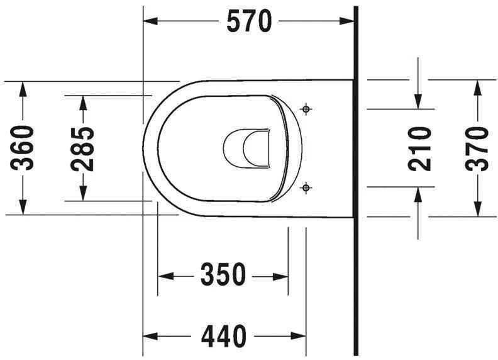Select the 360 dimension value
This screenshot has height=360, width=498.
point(24,149)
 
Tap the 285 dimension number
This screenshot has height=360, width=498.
point(82,149)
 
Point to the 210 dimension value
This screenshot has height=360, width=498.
point(419,149)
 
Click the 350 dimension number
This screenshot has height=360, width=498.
point(223,275)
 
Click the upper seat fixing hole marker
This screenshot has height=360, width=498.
point(306,110)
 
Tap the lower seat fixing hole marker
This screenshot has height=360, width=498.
point(306,186)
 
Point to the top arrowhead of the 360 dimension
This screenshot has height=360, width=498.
point(24,89)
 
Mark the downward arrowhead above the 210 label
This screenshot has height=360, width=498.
point(418,101)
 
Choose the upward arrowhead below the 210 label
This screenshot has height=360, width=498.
point(418,194)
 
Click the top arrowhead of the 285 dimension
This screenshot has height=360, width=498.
point(82,103)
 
